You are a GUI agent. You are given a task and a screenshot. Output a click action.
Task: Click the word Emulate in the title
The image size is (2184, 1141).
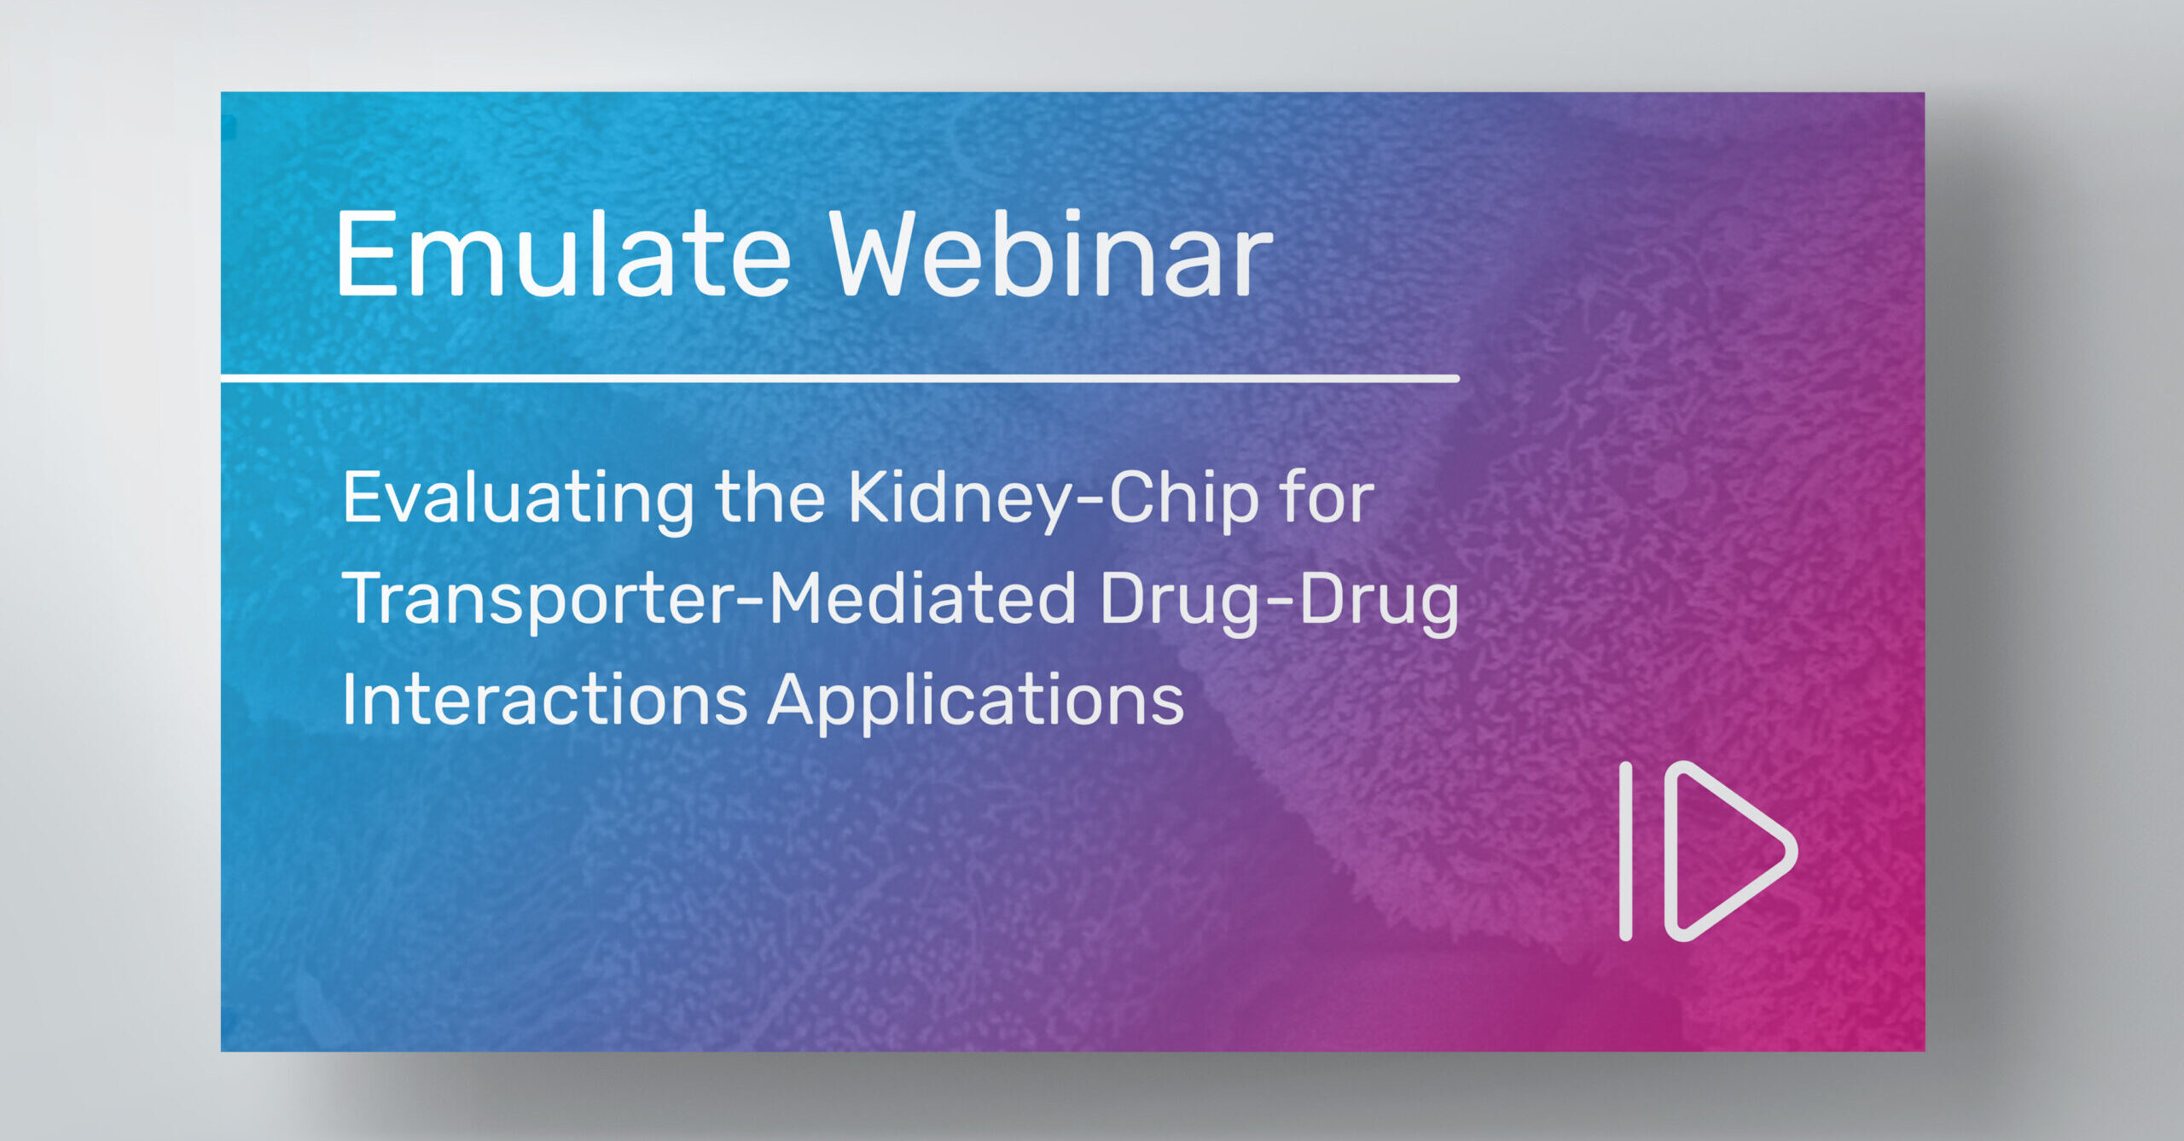click(564, 253)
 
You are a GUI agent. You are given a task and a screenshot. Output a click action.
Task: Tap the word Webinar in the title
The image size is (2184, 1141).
click(1051, 253)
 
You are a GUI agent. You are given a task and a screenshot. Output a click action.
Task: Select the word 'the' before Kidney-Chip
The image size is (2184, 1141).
click(770, 498)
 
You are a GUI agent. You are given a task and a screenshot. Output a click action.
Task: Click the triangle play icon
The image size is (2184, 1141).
click(1731, 851)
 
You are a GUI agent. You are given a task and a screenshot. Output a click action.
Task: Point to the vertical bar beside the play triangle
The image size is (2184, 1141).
click(1626, 851)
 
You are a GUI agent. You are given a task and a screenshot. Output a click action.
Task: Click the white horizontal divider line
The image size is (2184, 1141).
click(840, 378)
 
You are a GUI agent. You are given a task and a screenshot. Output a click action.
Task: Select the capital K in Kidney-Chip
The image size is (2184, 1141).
click(872, 498)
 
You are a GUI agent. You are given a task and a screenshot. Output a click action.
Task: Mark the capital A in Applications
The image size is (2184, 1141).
click(795, 699)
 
